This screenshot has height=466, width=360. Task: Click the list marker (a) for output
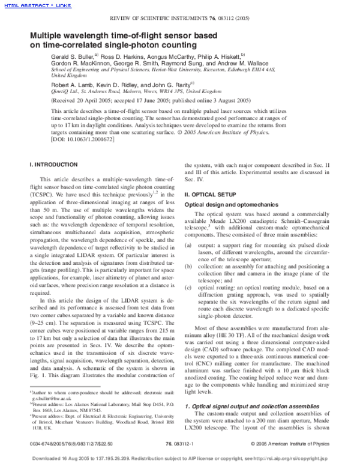click(x=188, y=245)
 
